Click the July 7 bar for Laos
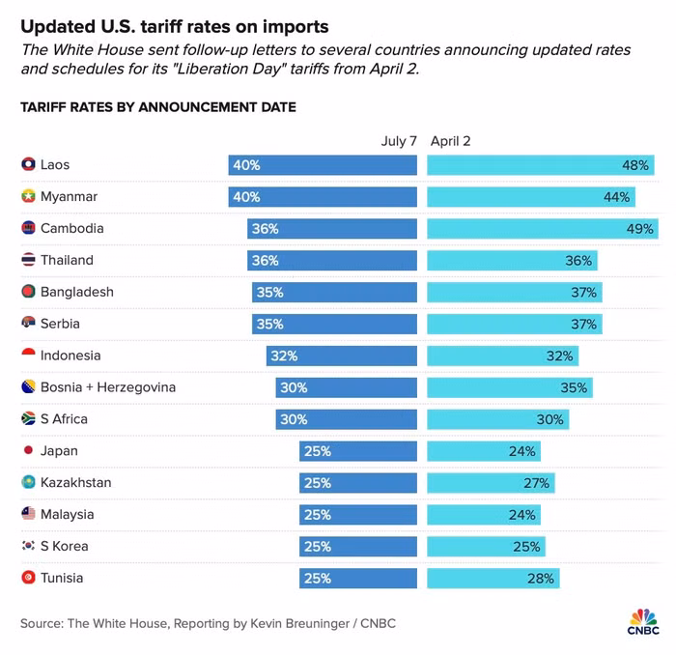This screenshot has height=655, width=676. tap(323, 165)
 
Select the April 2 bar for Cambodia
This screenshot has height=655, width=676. tap(541, 229)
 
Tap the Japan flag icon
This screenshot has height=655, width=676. tap(28, 451)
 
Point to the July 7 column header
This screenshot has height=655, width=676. tap(399, 141)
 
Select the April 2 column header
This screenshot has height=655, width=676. tap(451, 141)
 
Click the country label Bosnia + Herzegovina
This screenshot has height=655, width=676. tap(108, 387)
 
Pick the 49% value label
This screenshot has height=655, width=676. tap(639, 229)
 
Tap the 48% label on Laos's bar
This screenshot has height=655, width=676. tap(635, 165)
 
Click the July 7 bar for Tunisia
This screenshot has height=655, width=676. tap(358, 579)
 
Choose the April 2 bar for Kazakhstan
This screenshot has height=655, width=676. tap(492, 483)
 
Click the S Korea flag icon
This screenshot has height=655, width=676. tap(28, 547)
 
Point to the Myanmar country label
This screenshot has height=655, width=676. tap(70, 197)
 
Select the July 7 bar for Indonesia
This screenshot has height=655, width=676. tap(342, 356)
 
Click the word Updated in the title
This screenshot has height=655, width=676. tap(54, 25)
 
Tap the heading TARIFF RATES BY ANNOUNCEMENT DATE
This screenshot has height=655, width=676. tap(158, 107)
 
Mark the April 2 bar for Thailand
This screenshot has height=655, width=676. tap(512, 261)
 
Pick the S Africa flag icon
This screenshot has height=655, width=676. tap(28, 419)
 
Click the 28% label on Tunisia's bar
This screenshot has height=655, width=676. tap(541, 579)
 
